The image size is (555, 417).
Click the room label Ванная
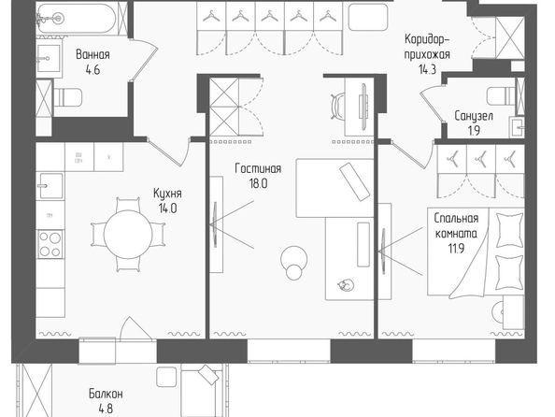click(x=92, y=55)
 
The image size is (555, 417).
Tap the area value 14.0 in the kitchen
click(x=167, y=208)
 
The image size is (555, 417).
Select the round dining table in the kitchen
click(x=128, y=234)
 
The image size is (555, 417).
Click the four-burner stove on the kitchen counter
click(x=50, y=243)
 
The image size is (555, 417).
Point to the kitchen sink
click(x=50, y=186)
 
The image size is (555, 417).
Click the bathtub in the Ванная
click(x=77, y=18)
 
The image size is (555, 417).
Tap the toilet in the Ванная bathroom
click(x=68, y=97)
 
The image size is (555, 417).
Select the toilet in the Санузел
click(x=501, y=96)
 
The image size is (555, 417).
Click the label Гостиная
click(x=258, y=168)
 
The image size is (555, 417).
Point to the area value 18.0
click(x=259, y=183)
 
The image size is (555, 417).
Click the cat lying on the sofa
click(x=346, y=284)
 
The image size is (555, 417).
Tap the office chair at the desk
click(x=337, y=106)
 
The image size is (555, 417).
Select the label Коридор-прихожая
click(x=427, y=47)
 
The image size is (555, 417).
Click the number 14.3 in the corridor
click(x=427, y=69)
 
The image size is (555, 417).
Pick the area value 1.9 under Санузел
click(x=474, y=131)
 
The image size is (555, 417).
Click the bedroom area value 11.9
click(x=456, y=249)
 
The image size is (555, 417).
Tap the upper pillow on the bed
click(x=510, y=230)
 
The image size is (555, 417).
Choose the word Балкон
click(x=106, y=394)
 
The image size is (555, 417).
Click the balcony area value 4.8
click(x=106, y=409)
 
